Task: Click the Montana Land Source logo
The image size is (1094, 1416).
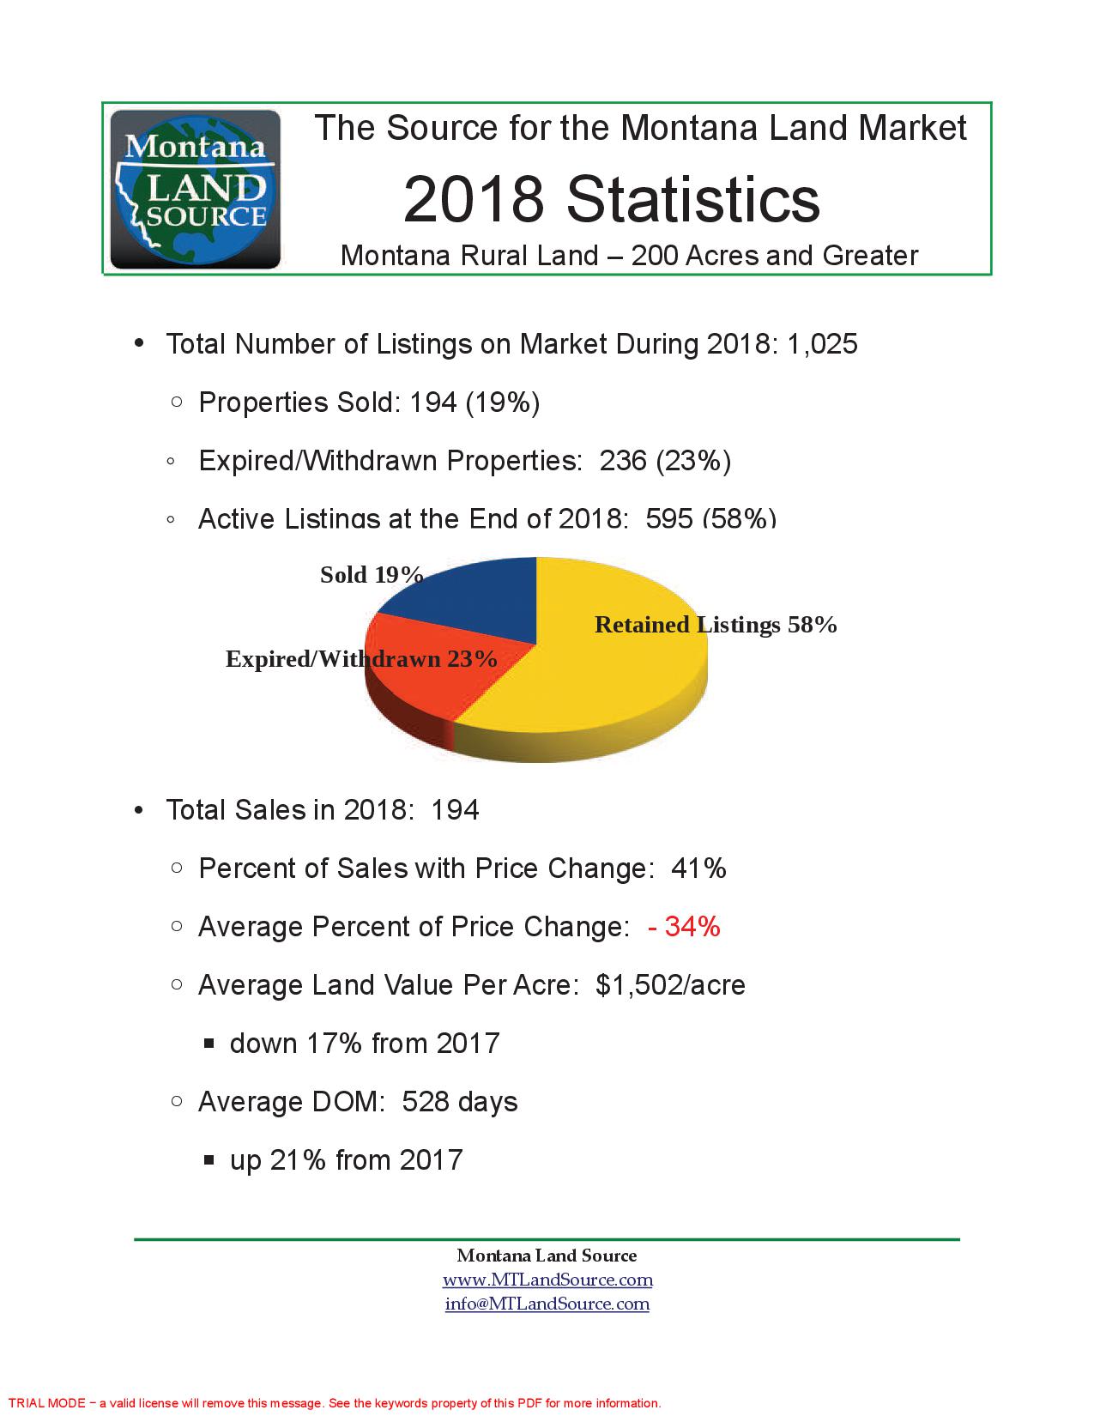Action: point(196,190)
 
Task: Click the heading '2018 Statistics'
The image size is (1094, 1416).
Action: point(611,199)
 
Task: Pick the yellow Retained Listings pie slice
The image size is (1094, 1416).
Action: point(601,687)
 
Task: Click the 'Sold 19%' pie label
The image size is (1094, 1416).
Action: point(372,575)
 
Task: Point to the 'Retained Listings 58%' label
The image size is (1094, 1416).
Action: point(716,625)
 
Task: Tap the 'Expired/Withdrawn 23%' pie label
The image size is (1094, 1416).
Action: point(361,659)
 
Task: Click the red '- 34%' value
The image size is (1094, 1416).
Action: point(684,927)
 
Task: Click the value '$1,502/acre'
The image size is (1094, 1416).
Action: point(670,985)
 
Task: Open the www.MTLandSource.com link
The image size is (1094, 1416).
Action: point(547,1280)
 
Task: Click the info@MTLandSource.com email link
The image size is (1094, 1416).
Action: point(547,1304)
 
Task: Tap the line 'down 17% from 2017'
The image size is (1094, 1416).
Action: point(365,1044)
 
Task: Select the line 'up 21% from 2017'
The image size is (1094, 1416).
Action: point(346,1160)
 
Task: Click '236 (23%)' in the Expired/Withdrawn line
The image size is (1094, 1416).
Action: point(665,462)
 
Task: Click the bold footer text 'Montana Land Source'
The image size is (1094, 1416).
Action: point(547,1256)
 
